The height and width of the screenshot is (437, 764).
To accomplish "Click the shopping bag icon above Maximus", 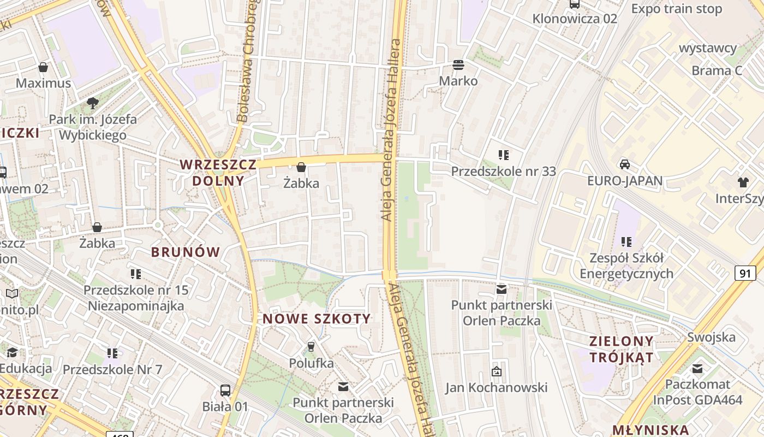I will [43, 67].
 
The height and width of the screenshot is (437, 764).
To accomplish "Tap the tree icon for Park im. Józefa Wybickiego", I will [93, 103].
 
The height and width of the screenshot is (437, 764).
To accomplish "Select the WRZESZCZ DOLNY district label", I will [218, 172].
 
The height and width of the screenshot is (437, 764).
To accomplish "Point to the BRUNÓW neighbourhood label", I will [186, 252].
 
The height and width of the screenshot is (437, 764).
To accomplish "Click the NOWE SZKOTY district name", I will [317, 319].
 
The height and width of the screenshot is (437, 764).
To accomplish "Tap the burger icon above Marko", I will [458, 65].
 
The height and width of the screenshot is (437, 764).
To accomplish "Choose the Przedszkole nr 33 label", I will [503, 172].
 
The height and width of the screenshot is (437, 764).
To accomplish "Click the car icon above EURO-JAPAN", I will [625, 164].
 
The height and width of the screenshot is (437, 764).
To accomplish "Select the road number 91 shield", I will [745, 273].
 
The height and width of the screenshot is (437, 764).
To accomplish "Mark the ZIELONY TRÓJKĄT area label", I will [621, 350].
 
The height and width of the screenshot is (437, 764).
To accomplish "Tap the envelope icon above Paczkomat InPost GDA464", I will [697, 368].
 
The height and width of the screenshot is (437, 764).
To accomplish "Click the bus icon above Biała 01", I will [225, 390].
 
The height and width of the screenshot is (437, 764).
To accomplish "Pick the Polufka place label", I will [311, 363].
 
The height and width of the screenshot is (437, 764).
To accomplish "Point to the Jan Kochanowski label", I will [496, 388].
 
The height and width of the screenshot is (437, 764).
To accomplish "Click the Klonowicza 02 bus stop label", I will [575, 19].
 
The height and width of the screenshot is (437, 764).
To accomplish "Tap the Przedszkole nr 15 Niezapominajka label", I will [136, 298].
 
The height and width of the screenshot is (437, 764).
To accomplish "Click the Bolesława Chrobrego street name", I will [249, 60].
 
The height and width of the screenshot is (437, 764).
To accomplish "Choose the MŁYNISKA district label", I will [650, 429].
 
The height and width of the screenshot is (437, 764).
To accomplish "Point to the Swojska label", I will [711, 337].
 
